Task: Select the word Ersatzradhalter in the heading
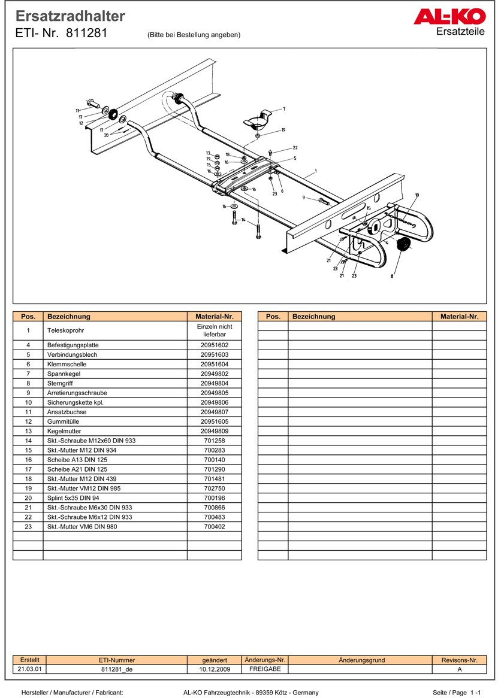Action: click(x=70, y=16)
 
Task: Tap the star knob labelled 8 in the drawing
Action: click(x=403, y=244)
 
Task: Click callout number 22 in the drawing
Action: click(x=295, y=147)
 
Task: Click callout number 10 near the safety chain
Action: click(x=417, y=195)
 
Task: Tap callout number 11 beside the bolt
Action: click(x=77, y=111)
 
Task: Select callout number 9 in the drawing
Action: click(x=304, y=198)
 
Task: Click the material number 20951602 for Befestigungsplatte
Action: click(x=214, y=345)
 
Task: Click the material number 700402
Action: click(x=214, y=527)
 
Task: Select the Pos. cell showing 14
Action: click(x=28, y=441)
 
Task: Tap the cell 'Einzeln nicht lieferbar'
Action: click(x=214, y=330)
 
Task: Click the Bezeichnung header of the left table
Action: click(x=69, y=317)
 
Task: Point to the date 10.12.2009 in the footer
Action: click(x=214, y=669)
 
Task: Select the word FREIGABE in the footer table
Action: click(x=264, y=669)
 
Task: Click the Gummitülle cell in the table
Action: click(x=62, y=421)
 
